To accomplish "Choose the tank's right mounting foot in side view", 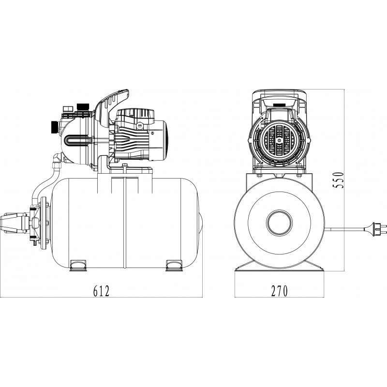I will coord(173,264).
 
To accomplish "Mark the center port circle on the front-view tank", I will coord(279,223).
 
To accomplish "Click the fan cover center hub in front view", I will coord(279,140).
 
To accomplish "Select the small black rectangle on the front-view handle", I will coord(279,104).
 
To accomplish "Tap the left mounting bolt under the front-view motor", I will coord(257,167).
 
